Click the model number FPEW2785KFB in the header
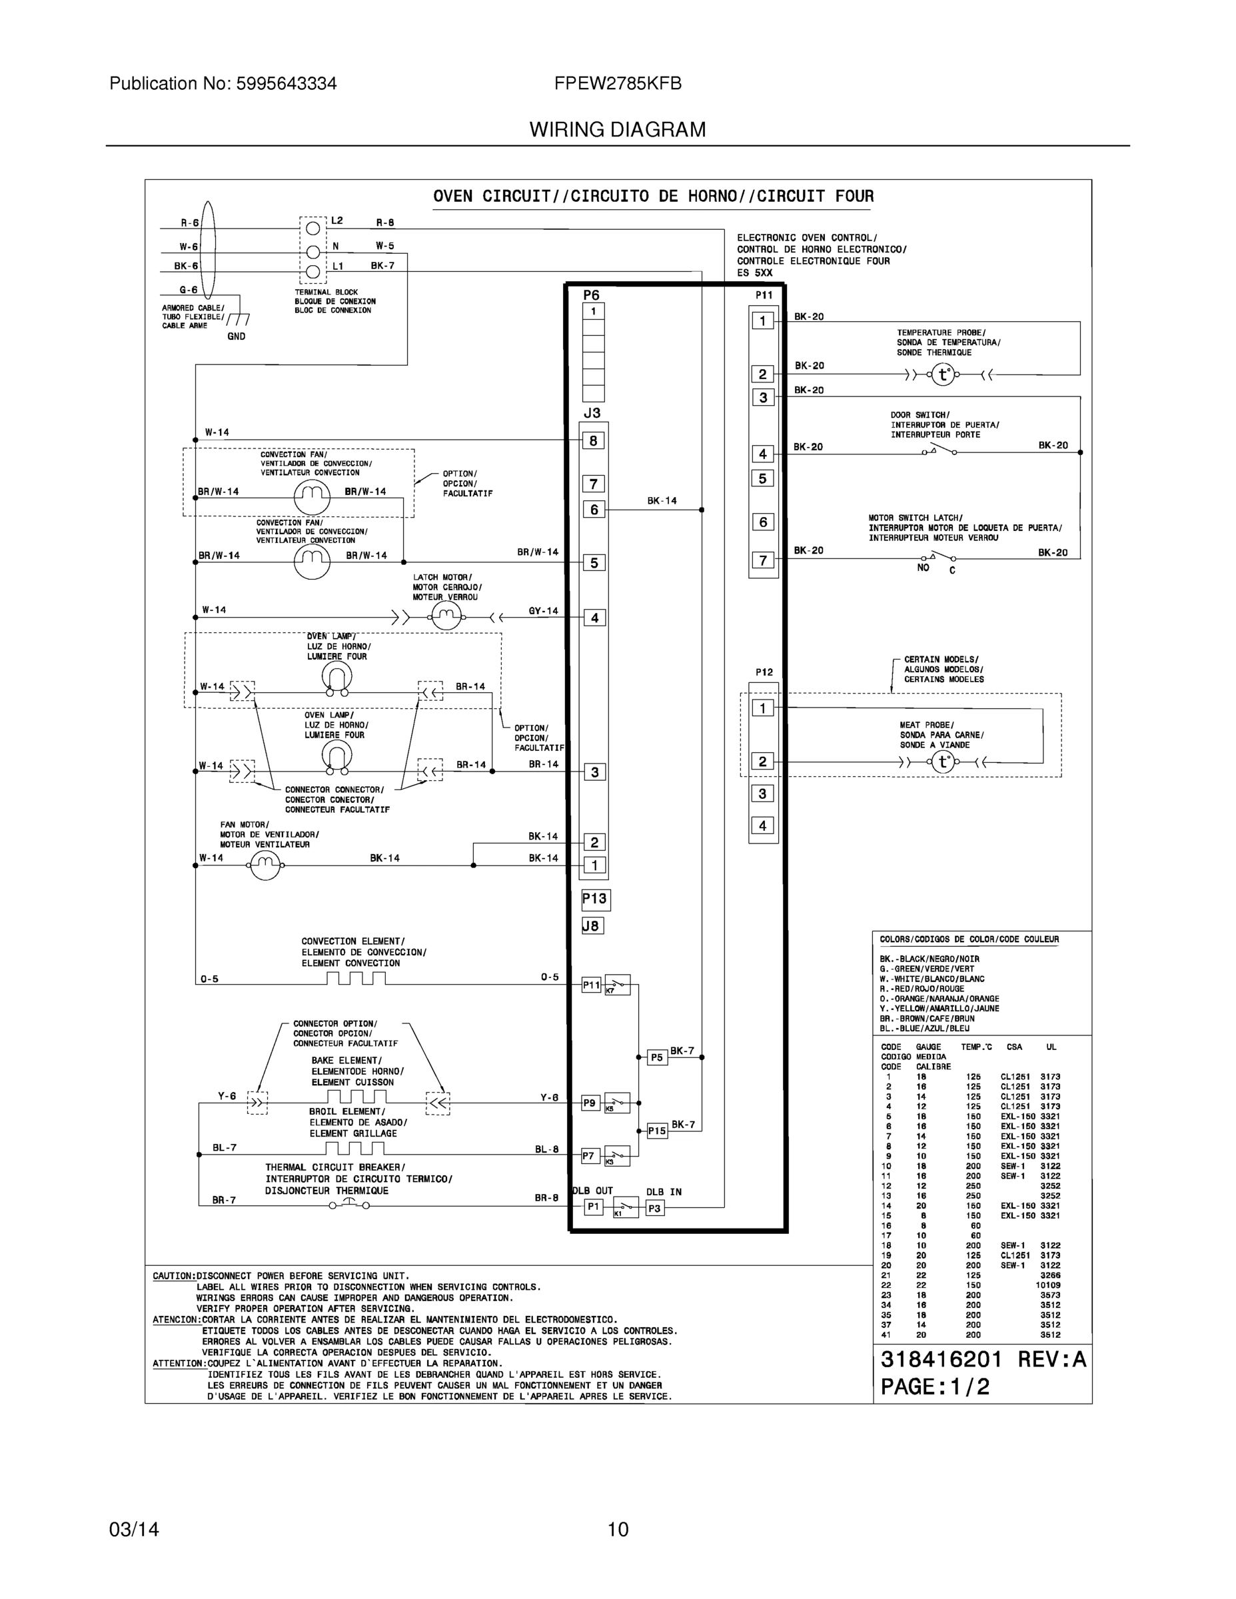(x=617, y=84)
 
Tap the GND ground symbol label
(x=236, y=336)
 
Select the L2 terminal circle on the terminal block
(x=312, y=228)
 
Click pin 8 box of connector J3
(x=593, y=441)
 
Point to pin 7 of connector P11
(x=762, y=561)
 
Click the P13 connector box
(x=595, y=899)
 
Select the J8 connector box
(x=592, y=926)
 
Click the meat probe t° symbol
(x=944, y=762)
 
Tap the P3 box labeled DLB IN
(x=654, y=1207)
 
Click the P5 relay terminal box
(x=657, y=1057)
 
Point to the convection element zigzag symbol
(x=356, y=979)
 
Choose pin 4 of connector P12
(x=762, y=826)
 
